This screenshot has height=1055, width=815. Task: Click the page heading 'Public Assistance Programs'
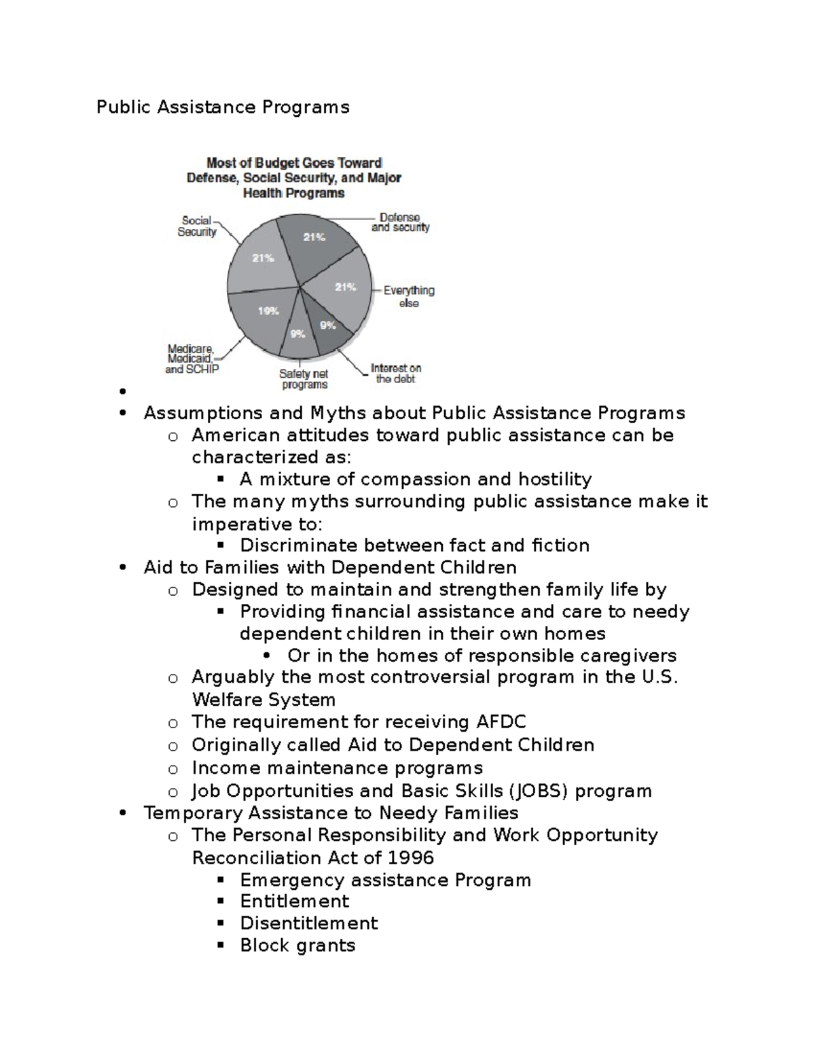click(x=223, y=107)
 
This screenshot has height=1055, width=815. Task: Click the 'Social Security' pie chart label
click(x=197, y=226)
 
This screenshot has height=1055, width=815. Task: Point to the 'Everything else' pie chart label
click(x=409, y=297)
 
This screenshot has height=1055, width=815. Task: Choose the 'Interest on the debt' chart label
click(x=396, y=374)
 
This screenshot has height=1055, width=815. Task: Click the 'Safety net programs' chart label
click(x=304, y=379)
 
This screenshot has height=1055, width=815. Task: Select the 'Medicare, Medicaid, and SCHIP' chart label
click(x=191, y=359)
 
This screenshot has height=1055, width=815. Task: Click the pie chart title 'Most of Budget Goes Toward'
click(x=294, y=163)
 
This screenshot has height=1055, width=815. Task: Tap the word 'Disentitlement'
click(x=309, y=923)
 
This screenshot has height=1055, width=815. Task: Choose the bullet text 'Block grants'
click(x=297, y=946)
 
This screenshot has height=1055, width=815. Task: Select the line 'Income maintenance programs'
click(x=337, y=768)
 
